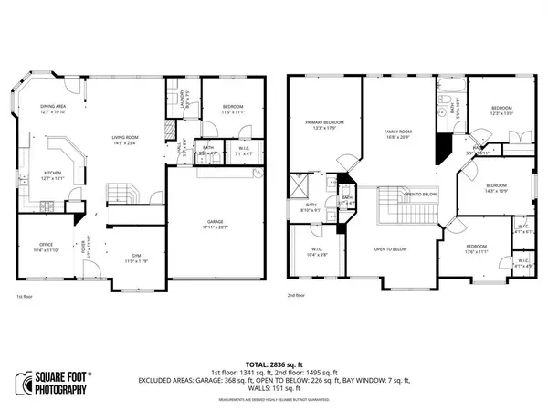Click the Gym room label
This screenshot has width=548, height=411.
click(135, 259)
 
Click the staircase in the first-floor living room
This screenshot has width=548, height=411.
click(121, 194)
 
